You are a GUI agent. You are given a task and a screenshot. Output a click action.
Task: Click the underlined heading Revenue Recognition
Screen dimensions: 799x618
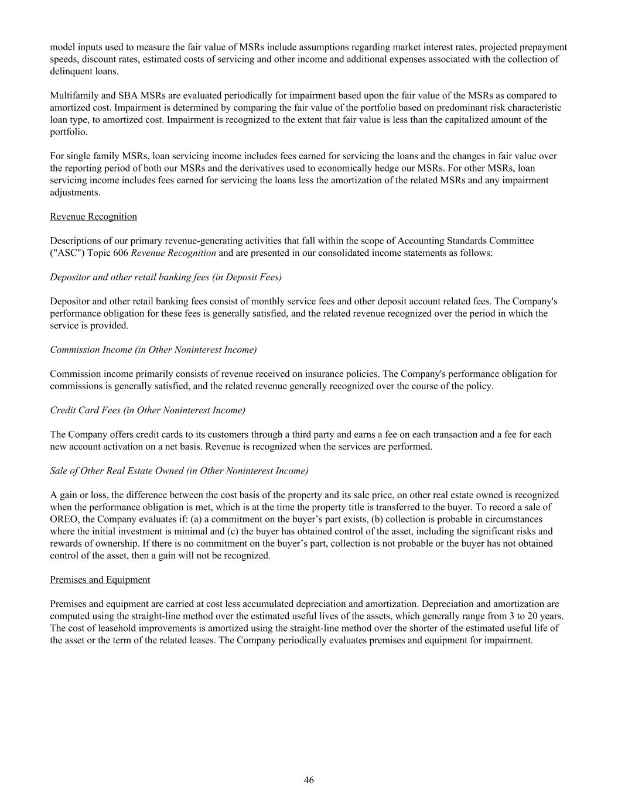[93, 217]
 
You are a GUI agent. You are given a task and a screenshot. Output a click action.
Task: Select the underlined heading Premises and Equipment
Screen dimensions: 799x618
[100, 579]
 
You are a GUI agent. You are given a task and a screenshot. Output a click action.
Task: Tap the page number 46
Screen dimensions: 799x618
[309, 780]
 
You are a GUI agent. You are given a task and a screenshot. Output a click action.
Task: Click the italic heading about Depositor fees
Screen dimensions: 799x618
[166, 277]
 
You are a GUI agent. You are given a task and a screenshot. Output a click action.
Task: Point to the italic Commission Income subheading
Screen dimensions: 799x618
[153, 349]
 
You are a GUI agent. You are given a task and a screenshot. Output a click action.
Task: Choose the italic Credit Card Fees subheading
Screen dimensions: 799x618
[148, 410]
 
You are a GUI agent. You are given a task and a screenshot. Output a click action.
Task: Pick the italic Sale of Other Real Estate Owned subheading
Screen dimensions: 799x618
[179, 471]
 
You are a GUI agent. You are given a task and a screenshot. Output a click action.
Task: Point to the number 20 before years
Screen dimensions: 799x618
[533, 616]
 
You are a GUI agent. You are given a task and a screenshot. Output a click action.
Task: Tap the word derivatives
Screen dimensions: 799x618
[245, 168]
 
